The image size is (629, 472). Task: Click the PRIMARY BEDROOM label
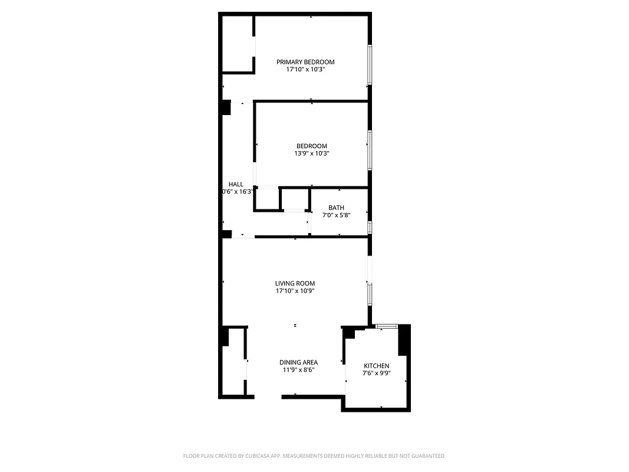click(305, 62)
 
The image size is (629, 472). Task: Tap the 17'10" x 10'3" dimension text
click(305, 70)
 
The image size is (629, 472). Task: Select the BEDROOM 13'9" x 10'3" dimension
click(311, 153)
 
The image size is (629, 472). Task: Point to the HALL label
click(236, 185)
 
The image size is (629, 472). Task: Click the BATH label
click(336, 208)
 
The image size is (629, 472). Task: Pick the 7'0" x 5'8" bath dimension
click(336, 215)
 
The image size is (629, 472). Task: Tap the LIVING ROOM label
click(295, 283)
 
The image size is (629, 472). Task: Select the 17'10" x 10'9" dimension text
click(295, 291)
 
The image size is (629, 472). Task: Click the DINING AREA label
click(298, 362)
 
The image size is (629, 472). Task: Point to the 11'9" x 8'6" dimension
click(298, 370)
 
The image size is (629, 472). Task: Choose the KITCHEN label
click(376, 366)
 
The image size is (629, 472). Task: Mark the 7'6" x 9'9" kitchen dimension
click(376, 373)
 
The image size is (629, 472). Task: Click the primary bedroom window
click(370, 65)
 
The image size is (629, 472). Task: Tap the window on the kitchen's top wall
click(387, 326)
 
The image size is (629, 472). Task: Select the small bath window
click(370, 227)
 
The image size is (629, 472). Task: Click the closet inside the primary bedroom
click(238, 44)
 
